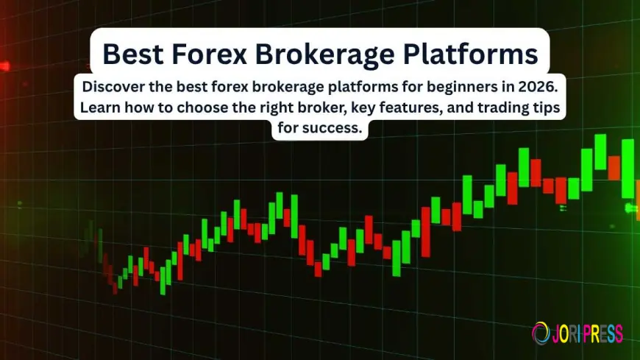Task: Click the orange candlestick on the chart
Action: point(614,168)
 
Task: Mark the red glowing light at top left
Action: point(6,66)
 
